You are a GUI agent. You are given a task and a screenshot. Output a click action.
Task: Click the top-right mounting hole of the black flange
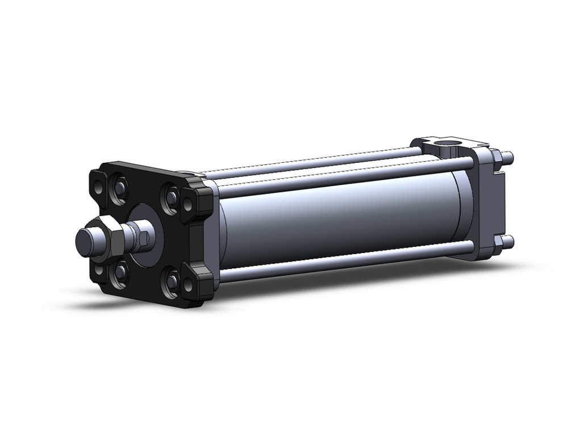point(187,201)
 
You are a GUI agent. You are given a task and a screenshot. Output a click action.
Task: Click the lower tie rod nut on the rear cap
point(499,243)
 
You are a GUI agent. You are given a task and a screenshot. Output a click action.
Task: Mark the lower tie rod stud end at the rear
point(510,242)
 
